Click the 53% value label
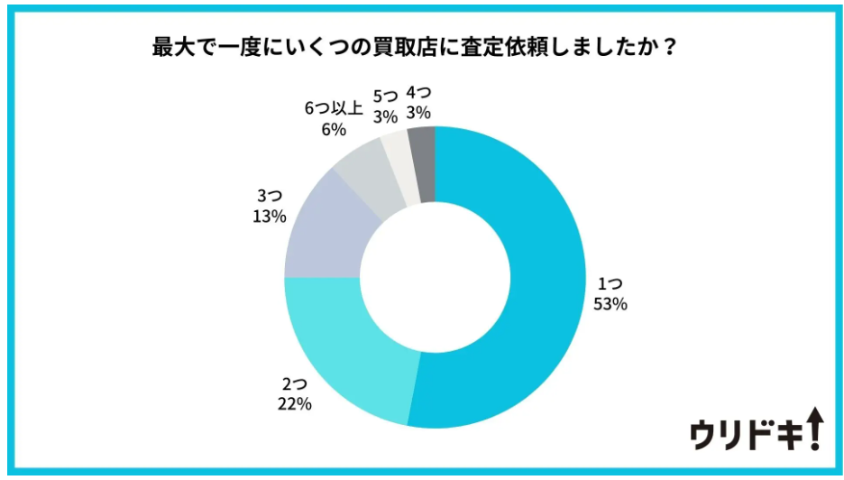(x=610, y=304)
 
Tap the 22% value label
(x=295, y=404)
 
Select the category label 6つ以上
(x=334, y=109)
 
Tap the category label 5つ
(x=385, y=95)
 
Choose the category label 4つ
(x=418, y=93)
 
